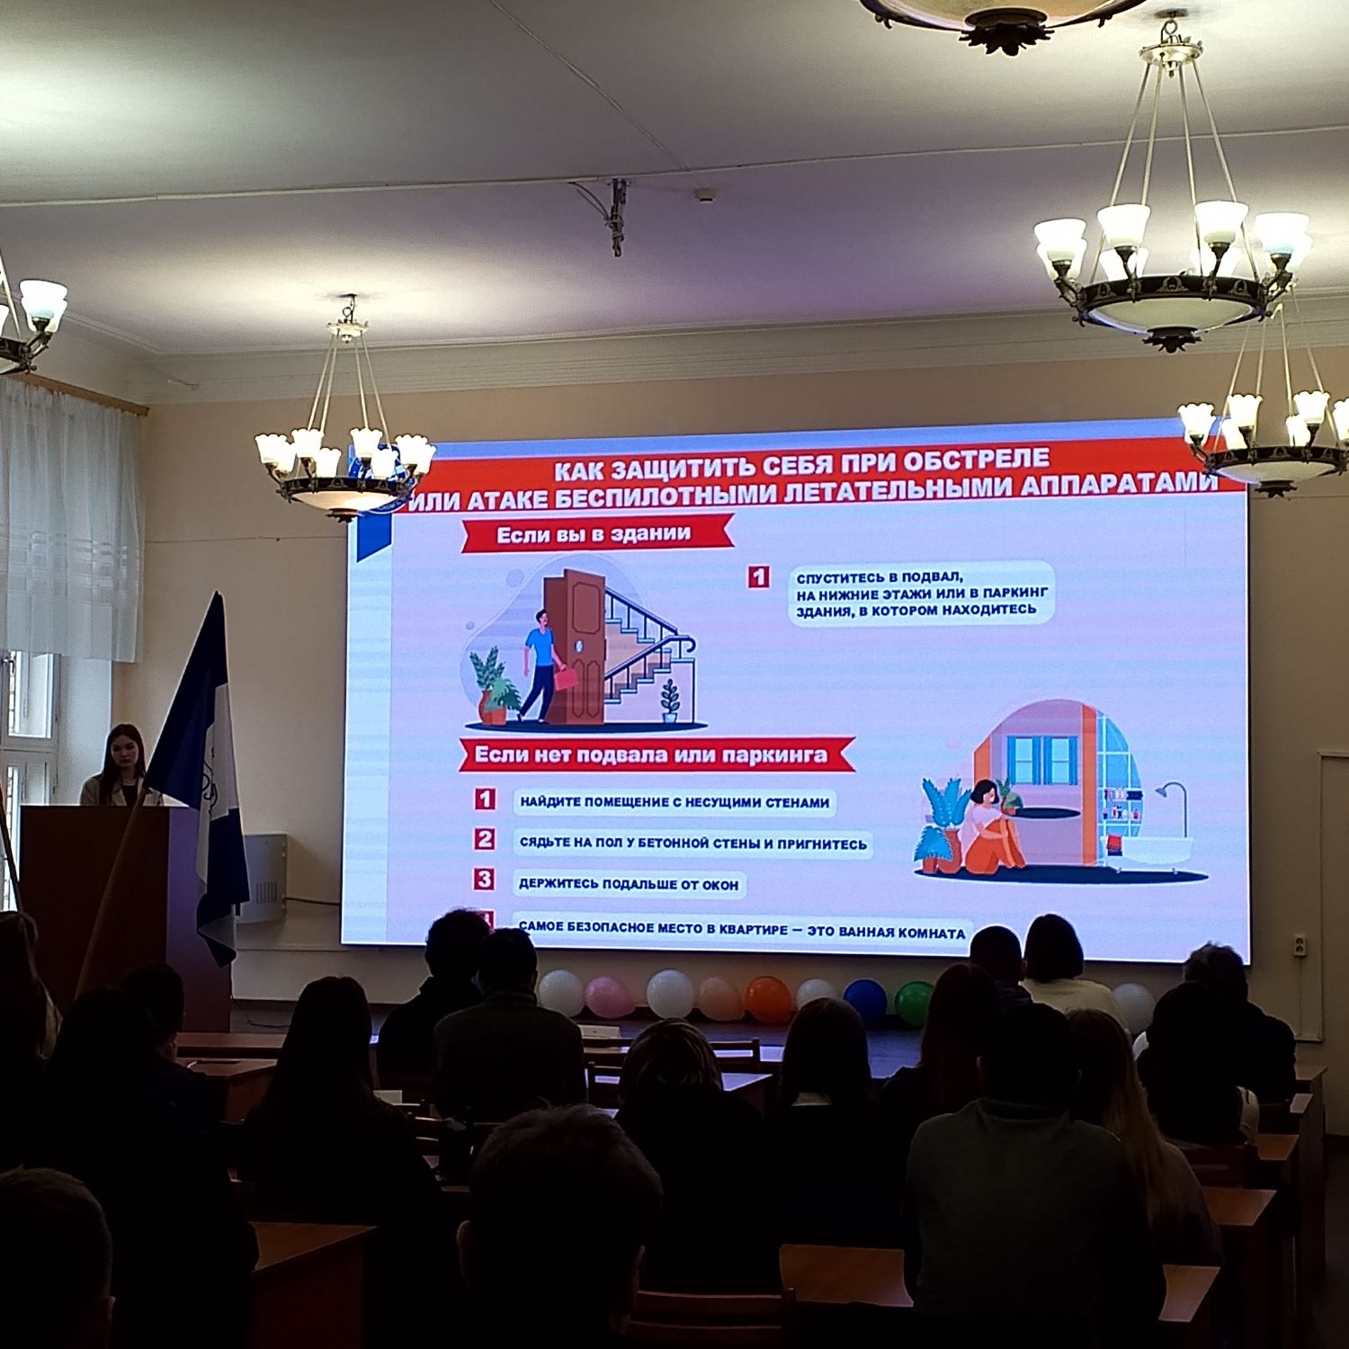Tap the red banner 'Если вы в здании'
tap(594, 535)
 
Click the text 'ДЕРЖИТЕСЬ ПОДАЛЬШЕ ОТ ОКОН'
tap(629, 885)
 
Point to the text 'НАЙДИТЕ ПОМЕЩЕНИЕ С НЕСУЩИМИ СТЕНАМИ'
tap(674, 802)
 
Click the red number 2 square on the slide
tap(485, 839)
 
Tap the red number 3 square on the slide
tap(485, 879)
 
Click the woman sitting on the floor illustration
tap(994, 826)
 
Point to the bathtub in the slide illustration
tap(1156, 850)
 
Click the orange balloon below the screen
tap(768, 999)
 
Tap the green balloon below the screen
tap(914, 1003)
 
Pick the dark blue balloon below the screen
tap(864, 1001)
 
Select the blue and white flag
tap(201, 773)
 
